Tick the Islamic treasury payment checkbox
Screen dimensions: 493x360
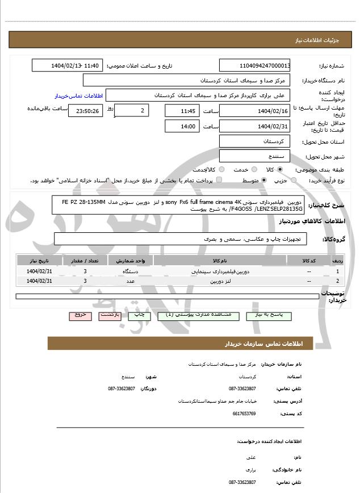(x=219, y=180)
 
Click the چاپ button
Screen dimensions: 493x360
(x=140, y=315)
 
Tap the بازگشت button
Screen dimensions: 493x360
(x=110, y=315)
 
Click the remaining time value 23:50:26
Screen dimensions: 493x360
(x=86, y=110)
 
